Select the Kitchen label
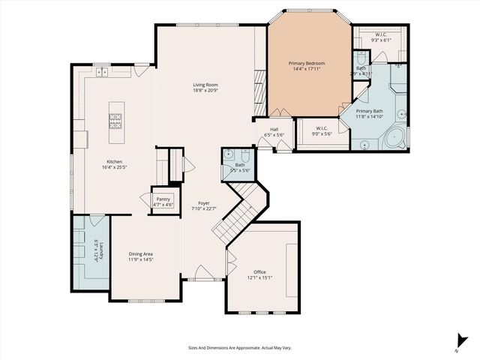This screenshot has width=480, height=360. [x=114, y=161]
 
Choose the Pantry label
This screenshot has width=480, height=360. [x=163, y=199]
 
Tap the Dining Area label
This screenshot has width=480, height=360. [x=140, y=254]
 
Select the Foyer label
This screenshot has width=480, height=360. [x=203, y=203]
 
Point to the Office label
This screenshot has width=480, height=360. [x=259, y=271]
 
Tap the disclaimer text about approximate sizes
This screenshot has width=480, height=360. [x=239, y=347]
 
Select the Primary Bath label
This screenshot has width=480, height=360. [x=379, y=112]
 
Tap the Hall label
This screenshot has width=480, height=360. [x=274, y=129]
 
